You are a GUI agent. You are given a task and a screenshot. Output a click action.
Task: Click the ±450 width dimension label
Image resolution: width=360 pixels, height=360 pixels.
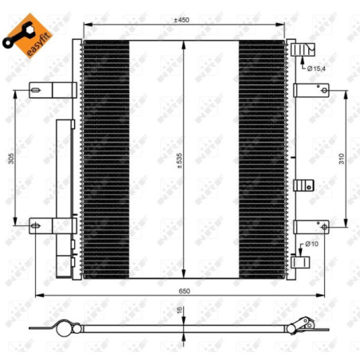(182, 20)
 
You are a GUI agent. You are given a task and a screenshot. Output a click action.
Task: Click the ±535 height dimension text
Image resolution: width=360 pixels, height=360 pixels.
(180, 161)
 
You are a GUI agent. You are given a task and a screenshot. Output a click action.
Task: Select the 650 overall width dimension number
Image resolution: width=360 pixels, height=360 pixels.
(184, 291)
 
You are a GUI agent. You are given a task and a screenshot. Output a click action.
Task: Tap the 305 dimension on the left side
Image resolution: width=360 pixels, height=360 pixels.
(11, 158)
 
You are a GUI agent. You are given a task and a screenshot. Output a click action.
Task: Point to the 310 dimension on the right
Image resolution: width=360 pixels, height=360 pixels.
(342, 158)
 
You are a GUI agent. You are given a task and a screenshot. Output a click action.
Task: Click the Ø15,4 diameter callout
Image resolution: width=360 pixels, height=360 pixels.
(316, 68)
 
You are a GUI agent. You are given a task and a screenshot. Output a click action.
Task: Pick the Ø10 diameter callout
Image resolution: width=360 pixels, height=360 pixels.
(311, 244)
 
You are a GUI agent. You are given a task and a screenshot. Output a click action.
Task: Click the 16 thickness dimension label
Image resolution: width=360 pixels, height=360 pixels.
(180, 310)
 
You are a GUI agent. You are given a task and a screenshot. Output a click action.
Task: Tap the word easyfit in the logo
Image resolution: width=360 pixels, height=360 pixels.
(39, 44)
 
